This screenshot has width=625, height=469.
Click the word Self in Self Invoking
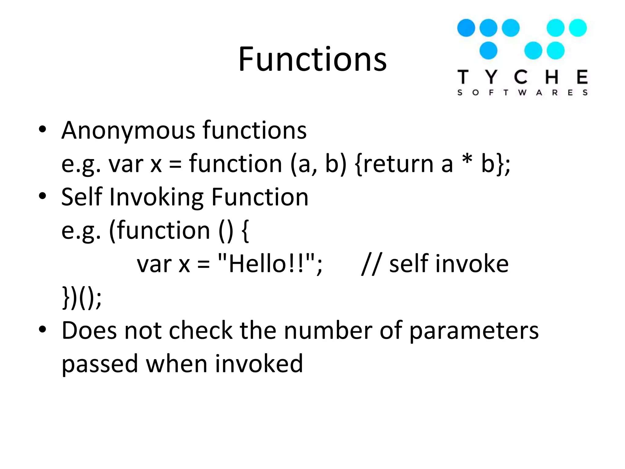pyautogui.click(x=81, y=197)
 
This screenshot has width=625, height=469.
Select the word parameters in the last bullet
pyautogui.click(x=474, y=331)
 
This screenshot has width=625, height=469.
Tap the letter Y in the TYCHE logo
pyautogui.click(x=491, y=77)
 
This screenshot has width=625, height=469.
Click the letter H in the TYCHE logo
pyautogui.click(x=552, y=77)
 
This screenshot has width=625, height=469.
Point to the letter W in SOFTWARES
pyautogui.click(x=522, y=93)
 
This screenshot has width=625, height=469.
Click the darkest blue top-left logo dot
pyautogui.click(x=466, y=28)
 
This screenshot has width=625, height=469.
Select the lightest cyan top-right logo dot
pyautogui.click(x=578, y=28)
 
